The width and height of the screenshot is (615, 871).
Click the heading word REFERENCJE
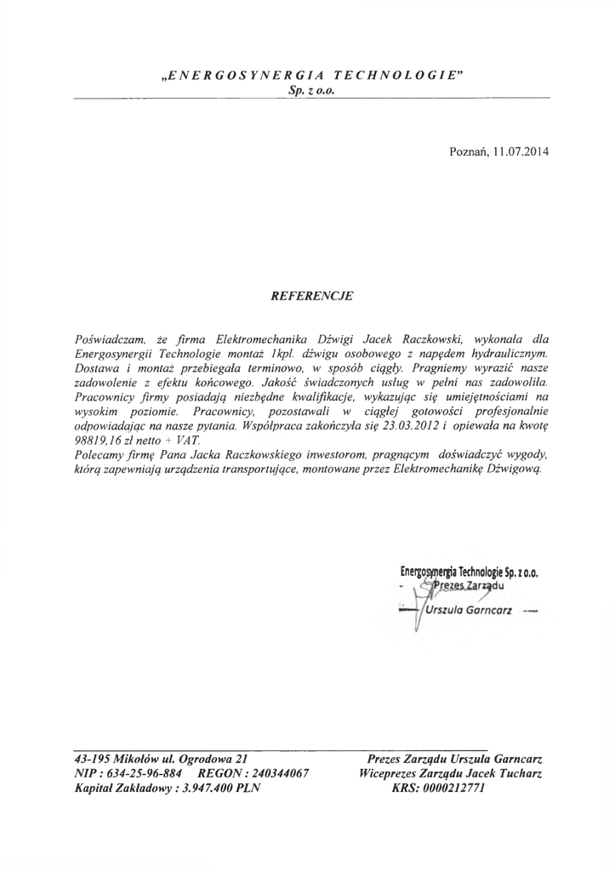click(310, 297)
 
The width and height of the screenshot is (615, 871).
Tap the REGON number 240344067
click(271, 773)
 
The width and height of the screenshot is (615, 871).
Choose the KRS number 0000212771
click(450, 788)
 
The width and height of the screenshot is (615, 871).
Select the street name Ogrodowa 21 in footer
click(209, 758)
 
